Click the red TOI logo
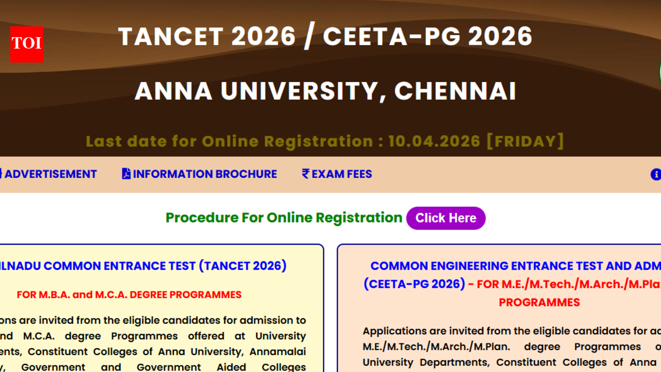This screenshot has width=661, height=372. coord(26,44)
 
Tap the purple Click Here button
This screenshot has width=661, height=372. coord(446,218)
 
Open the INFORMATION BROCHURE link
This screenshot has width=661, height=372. coord(204,174)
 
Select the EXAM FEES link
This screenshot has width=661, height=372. coord(341,174)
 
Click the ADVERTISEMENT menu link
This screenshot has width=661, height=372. coord(50,174)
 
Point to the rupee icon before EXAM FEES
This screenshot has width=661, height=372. coord(306,174)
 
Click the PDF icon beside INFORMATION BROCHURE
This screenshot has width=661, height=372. coord(126,174)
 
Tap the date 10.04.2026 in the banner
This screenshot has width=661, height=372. coord(434,141)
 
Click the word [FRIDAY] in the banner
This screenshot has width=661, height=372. coord(525,141)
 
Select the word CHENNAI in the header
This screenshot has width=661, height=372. coord(455,91)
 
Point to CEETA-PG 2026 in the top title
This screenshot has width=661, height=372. coord(427,37)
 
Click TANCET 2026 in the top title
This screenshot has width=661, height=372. coord(207,37)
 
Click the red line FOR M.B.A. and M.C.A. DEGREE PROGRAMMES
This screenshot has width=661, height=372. coord(129,295)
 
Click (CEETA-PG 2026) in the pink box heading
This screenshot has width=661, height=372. coord(414,284)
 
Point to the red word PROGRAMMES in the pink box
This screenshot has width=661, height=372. coord(539,302)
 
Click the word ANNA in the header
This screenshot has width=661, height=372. coord(174,91)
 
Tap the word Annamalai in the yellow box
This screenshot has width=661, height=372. coord(278,352)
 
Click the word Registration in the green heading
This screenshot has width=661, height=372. coord(359,218)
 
